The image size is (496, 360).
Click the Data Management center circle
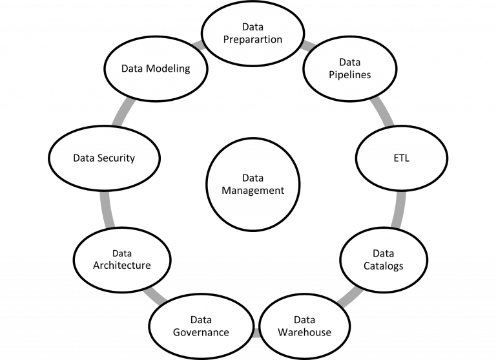[253, 184]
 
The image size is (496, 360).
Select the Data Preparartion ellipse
[253, 33]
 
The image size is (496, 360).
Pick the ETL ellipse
[401, 157]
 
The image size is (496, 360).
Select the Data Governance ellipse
[201, 326]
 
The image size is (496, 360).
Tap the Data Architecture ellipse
[122, 259]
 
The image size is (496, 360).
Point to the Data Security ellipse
[103, 157]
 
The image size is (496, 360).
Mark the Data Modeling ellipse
[156, 69]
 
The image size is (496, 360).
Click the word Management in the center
[253, 190]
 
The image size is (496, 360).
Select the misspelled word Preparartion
[253, 39]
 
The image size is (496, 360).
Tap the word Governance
[201, 332]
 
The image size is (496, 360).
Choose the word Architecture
[122, 265]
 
